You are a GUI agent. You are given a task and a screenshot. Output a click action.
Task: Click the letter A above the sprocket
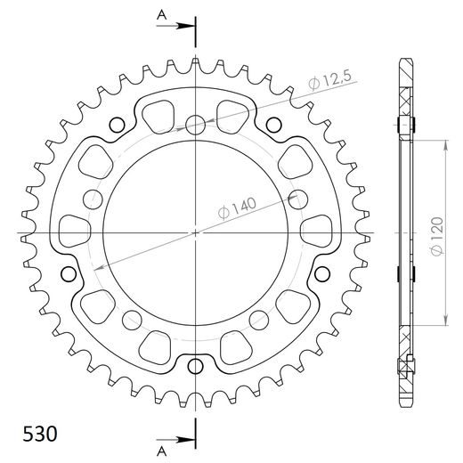click(161, 14)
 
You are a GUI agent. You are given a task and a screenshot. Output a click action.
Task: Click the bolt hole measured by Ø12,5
click(196, 124)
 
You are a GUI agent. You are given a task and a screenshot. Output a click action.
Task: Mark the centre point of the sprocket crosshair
click(196, 234)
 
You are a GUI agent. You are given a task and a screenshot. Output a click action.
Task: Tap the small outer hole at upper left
click(114, 124)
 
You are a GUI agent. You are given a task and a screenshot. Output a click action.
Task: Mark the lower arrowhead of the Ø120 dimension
click(443, 321)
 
